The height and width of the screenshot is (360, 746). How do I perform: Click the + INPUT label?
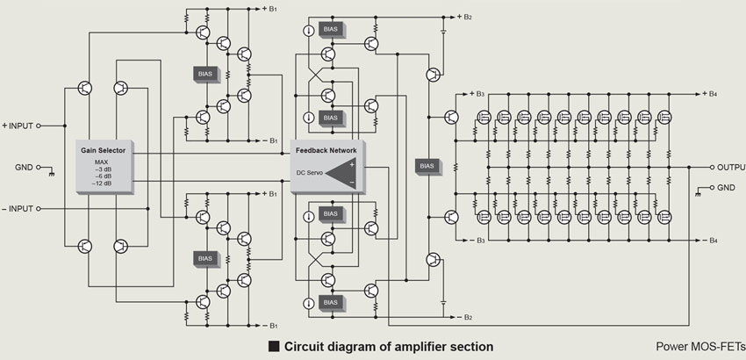point(18,126)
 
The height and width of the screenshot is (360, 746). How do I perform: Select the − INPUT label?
point(18,210)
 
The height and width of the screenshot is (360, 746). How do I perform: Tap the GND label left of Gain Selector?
point(24,167)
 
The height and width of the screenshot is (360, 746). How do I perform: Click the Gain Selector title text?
point(103,151)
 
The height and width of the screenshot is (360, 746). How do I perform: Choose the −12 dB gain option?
point(104,184)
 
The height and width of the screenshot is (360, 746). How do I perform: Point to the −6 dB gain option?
point(103,176)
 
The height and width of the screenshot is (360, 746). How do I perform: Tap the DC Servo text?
point(311,172)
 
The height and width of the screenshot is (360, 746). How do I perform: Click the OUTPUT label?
point(730,167)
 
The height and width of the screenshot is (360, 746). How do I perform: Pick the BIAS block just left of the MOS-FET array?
point(427,166)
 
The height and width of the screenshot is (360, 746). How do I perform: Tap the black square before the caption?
point(273,346)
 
